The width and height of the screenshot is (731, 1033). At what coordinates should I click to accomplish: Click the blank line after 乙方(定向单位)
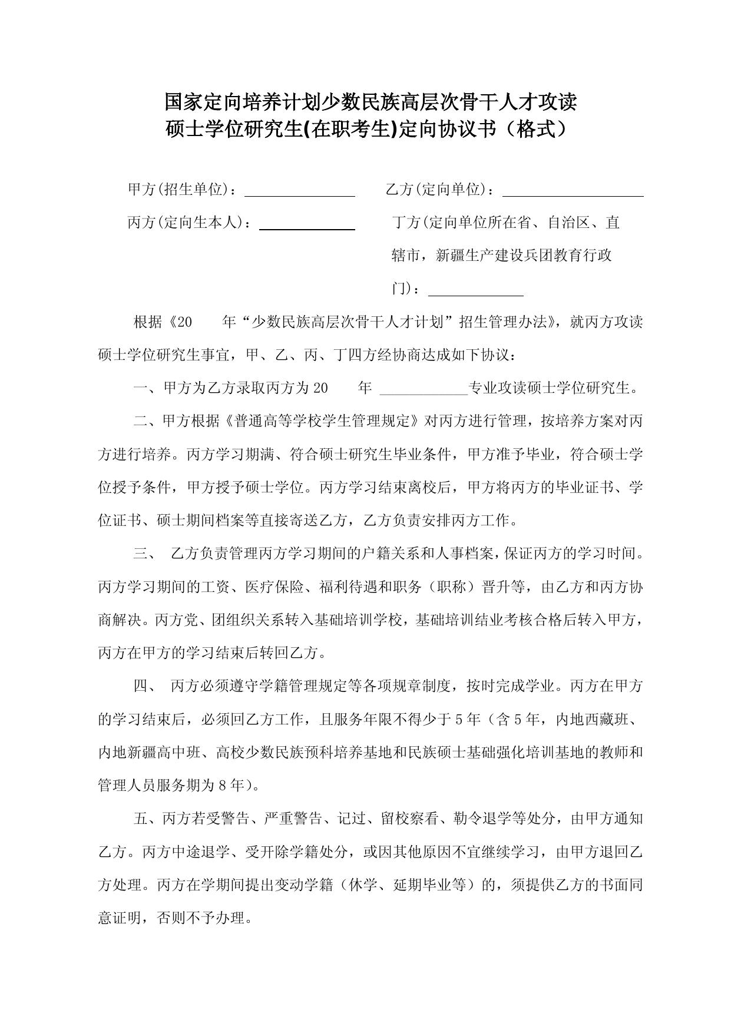(573, 194)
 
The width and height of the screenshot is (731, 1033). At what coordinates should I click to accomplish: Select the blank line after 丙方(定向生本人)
(307, 227)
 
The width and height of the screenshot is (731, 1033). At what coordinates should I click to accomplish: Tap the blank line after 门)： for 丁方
(475, 293)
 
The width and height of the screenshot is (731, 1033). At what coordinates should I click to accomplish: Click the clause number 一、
(145, 388)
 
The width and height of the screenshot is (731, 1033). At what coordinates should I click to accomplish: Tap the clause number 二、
(145, 421)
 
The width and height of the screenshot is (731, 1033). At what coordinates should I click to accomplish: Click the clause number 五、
(145, 819)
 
